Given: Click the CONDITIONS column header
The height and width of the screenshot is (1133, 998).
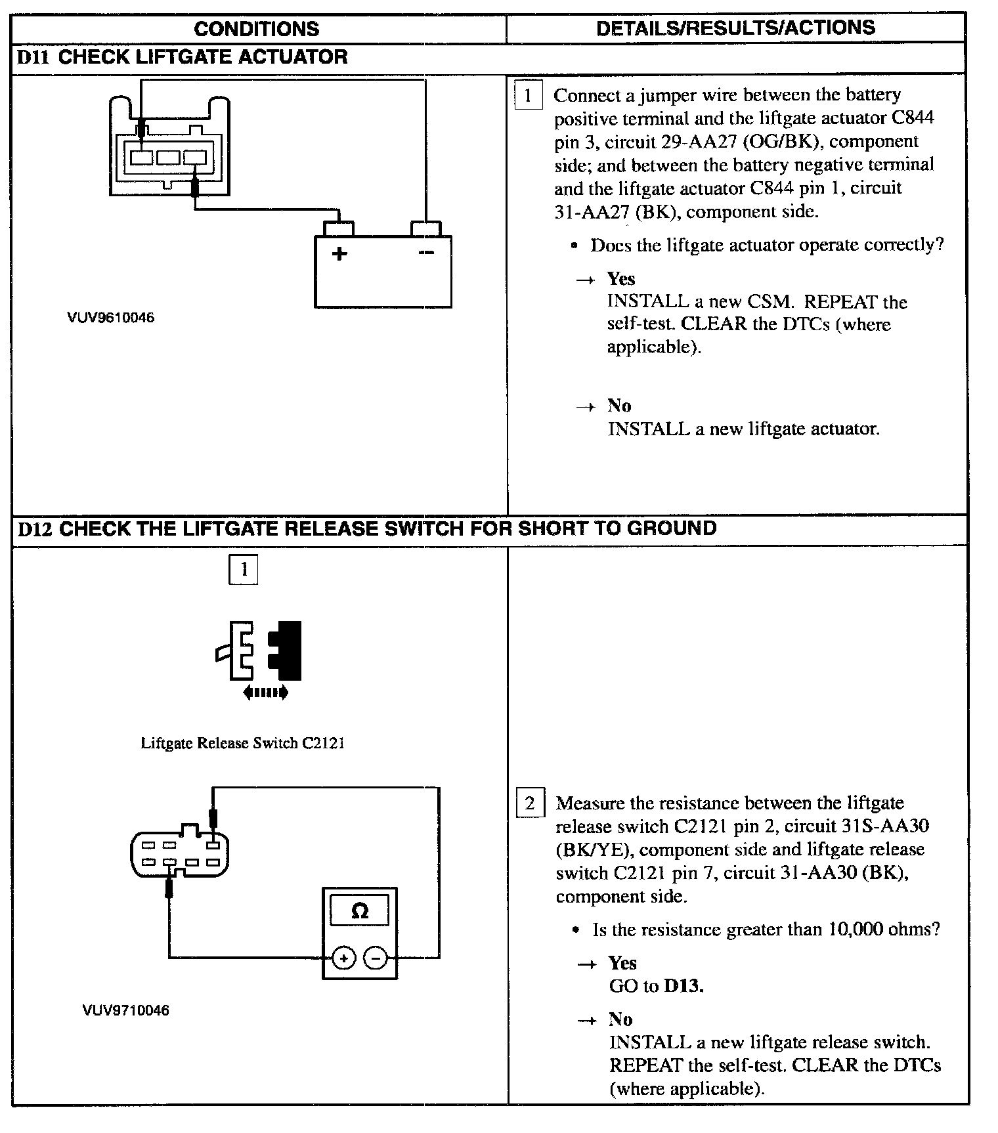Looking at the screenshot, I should point(257,29).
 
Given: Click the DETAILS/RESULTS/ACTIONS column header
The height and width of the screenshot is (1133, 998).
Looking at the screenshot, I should point(735,28).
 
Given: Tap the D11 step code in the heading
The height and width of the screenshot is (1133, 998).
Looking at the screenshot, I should point(33,57).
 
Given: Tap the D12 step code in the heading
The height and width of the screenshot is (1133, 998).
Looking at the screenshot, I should point(34,528).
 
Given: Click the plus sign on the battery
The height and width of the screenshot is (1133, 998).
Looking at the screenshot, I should point(339,253).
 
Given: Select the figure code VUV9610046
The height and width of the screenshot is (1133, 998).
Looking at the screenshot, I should point(111,318).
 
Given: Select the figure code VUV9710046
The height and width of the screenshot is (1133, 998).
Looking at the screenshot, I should point(126,1010).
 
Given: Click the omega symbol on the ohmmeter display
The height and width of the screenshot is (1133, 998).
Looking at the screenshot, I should point(360,911).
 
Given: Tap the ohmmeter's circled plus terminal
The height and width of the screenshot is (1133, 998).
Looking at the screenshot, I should point(343,959).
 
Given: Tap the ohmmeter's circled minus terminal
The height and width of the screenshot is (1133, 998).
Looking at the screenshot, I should point(376,959).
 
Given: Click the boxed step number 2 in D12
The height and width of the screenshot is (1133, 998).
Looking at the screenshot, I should point(530,803).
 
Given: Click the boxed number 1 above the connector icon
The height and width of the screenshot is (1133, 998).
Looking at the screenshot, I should point(244,569).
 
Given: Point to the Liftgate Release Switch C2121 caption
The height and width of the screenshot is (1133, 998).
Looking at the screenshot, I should point(243,743).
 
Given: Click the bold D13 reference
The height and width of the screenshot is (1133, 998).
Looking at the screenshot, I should point(683,986).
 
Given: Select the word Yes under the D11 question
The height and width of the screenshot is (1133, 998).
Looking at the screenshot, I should point(620,279).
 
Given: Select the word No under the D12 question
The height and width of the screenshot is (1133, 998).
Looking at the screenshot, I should point(620,1019).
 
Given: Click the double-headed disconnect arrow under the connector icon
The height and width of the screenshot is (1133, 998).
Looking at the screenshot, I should point(265,692).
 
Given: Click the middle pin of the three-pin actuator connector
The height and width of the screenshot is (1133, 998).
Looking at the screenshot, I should point(168,158).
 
